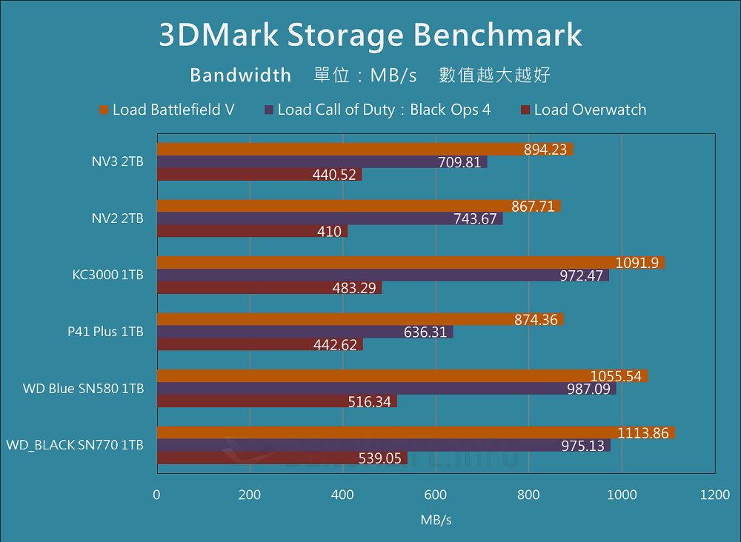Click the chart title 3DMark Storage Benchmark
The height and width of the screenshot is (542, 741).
coord(370,35)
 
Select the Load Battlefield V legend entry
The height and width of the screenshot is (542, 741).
coord(167,110)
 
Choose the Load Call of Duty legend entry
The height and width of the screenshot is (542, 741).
coord(377,110)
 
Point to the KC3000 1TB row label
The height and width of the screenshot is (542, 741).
coord(108,275)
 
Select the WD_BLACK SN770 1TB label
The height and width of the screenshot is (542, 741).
coord(75,445)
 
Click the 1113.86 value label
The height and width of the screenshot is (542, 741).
coord(645,433)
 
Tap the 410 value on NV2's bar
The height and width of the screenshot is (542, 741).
coord(329,232)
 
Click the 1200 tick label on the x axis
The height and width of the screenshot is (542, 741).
coord(714,495)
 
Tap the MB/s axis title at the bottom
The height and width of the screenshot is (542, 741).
coord(436,520)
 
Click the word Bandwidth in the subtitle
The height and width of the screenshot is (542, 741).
coord(240,75)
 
